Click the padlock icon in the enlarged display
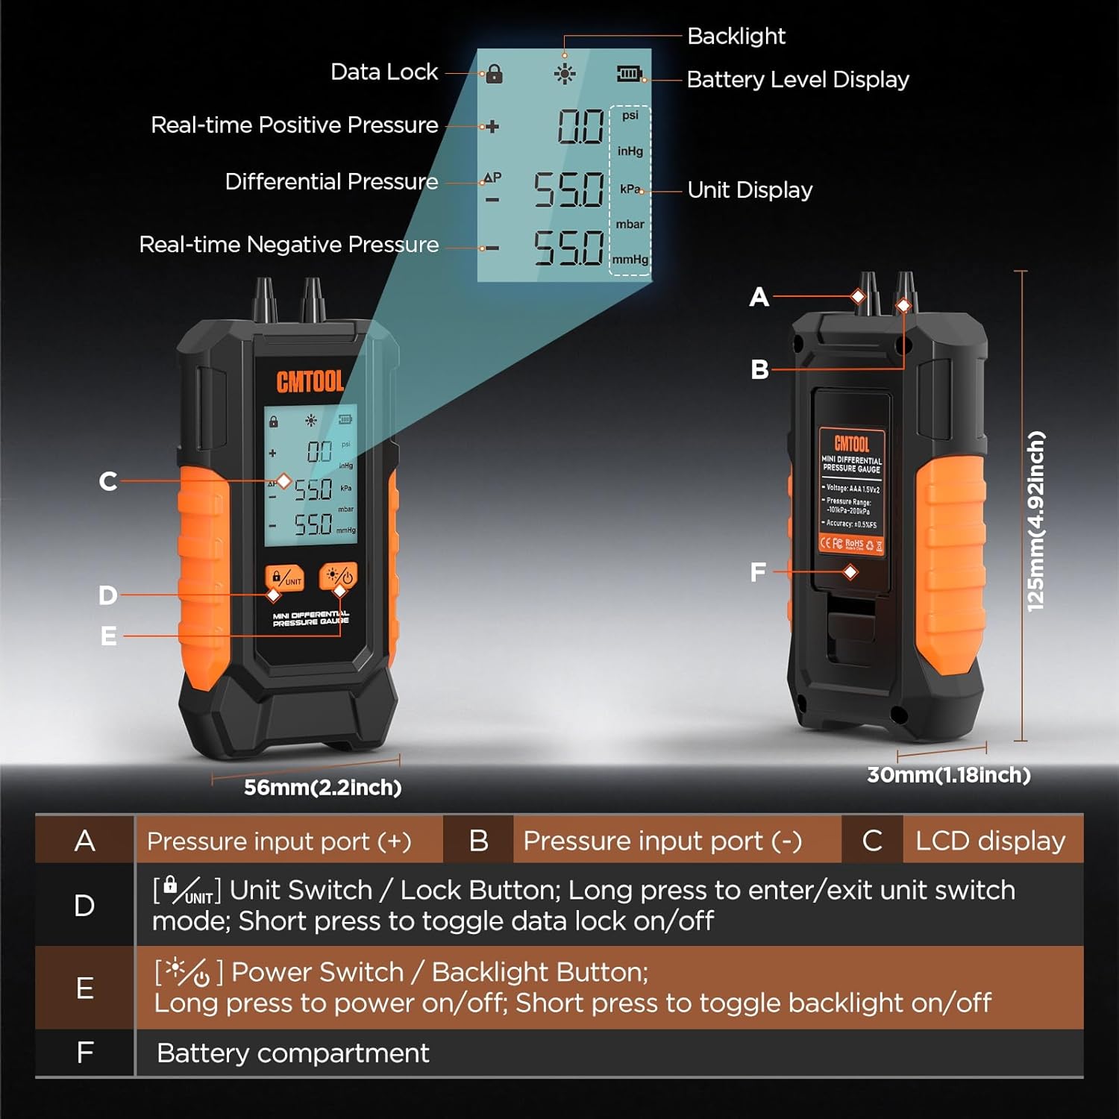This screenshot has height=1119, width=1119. tap(494, 74)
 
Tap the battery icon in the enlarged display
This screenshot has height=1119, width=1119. tap(628, 73)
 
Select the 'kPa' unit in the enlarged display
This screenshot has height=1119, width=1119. tap(630, 189)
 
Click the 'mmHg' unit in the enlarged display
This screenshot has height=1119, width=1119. tap(630, 260)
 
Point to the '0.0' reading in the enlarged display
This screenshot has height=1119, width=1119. tap(580, 127)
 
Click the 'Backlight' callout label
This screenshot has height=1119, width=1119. tap(736, 36)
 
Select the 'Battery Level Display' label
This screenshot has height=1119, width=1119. tap(797, 79)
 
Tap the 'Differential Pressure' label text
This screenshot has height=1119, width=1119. tap(331, 181)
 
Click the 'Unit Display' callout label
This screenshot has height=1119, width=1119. tap(750, 189)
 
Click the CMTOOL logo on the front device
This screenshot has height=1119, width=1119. tap(310, 381)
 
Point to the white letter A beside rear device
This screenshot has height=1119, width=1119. tap(759, 297)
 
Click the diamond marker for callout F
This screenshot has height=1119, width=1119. tap(850, 572)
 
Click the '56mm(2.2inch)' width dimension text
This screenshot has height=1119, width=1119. tap(322, 788)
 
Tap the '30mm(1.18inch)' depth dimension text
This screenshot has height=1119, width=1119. tap(948, 775)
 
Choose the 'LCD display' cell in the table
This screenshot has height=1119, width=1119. tap(990, 841)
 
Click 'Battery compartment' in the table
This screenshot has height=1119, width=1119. tap(292, 1053)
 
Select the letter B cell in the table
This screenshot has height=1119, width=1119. tap(478, 841)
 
